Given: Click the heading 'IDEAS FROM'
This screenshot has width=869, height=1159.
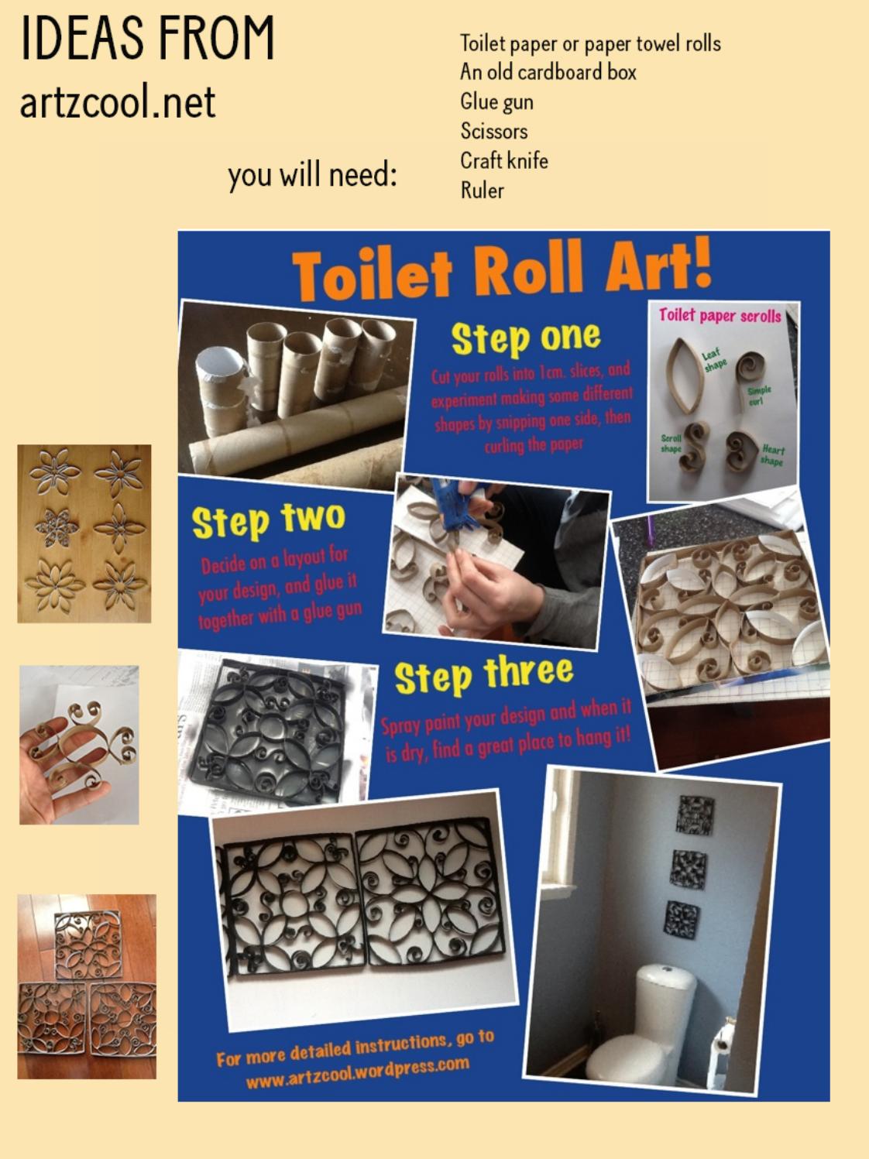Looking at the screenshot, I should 147,39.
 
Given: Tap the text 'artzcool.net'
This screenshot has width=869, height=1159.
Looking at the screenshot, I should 117,103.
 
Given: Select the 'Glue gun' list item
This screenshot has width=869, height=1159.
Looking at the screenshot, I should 496,102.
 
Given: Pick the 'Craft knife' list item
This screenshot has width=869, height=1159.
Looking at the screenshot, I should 503,161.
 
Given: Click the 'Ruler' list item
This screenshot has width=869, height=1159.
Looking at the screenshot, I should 482,190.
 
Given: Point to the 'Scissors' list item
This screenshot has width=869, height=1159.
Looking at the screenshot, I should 493,132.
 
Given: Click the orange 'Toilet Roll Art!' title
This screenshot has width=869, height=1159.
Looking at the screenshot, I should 501,270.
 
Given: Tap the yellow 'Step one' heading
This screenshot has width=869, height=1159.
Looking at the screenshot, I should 525,338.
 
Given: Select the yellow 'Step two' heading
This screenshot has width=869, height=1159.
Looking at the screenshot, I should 268,520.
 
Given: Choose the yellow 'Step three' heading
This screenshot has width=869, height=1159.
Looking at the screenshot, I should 483,674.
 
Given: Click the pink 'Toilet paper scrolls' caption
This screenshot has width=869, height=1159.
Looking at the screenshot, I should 720,315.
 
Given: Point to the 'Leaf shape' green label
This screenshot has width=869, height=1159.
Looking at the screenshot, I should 713,359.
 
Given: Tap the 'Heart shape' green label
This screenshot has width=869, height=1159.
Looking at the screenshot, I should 771,454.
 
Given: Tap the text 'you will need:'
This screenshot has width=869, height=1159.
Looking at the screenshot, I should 312,175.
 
